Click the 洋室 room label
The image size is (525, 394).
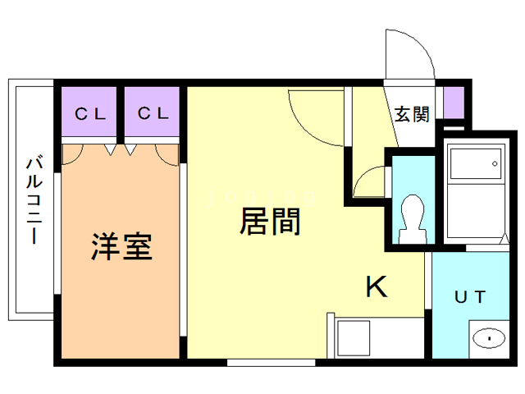tap(121, 246)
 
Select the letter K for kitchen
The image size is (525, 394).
tap(376, 286)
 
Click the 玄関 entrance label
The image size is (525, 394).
tap(412, 114)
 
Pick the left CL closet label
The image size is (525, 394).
tap(90, 114)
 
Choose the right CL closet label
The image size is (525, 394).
tap(153, 114)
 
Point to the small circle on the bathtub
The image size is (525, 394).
tap(495, 164)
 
